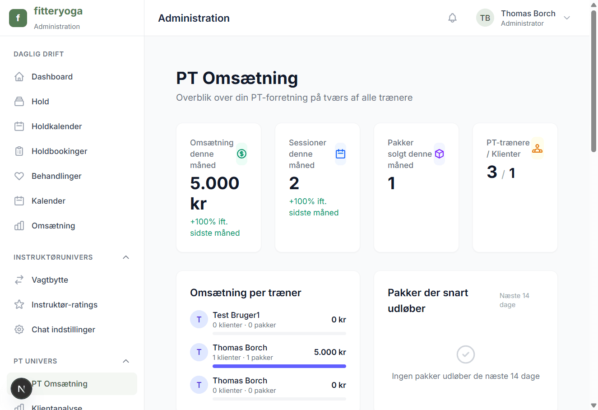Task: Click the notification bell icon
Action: (452, 18)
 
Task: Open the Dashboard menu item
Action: (52, 77)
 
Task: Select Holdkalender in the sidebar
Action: (56, 126)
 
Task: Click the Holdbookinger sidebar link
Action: (59, 151)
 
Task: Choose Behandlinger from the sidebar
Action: (56, 176)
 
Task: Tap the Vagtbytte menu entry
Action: (50, 280)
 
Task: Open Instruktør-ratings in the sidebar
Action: (64, 305)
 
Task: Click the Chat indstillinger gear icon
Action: (19, 330)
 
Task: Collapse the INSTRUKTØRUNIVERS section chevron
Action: (126, 257)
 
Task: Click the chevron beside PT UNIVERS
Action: (126, 361)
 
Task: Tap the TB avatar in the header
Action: (485, 18)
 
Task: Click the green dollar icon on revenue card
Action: (242, 154)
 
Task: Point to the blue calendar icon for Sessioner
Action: (341, 154)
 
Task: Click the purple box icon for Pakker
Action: (439, 154)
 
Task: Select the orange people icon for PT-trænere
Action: (537, 148)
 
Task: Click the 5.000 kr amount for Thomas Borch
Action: (330, 352)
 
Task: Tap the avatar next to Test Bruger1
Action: (199, 320)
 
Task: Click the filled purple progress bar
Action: (279, 366)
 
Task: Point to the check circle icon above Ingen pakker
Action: (465, 354)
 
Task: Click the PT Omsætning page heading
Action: (237, 78)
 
